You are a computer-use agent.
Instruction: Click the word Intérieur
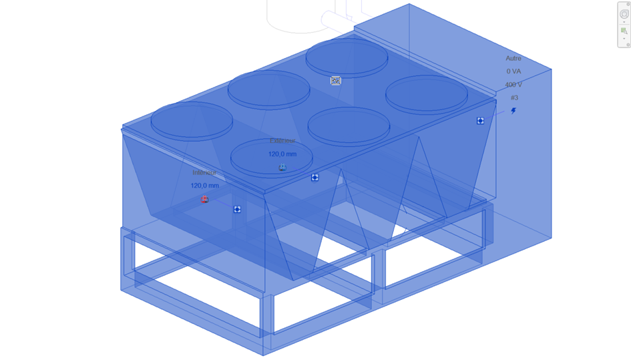click(204, 173)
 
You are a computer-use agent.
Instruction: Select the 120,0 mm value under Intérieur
click(204, 186)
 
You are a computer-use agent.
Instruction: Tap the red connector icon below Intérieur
click(205, 199)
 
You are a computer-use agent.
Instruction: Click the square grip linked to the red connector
click(237, 210)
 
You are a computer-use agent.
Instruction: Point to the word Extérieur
click(282, 141)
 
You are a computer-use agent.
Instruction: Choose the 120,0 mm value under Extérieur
click(282, 154)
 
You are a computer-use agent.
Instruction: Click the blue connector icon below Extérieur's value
click(282, 167)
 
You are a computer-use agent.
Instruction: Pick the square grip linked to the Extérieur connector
click(314, 178)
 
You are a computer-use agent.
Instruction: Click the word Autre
click(513, 59)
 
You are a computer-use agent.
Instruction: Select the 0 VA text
click(513, 71)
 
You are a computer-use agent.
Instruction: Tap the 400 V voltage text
click(513, 85)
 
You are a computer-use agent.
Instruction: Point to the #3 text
click(513, 98)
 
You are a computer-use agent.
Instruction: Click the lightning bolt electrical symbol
click(513, 111)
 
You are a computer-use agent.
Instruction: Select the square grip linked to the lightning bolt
click(480, 121)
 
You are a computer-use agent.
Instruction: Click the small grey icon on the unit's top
click(336, 80)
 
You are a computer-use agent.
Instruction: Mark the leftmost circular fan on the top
click(192, 121)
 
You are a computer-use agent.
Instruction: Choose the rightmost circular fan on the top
click(426, 94)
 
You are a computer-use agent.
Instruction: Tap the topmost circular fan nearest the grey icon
click(347, 57)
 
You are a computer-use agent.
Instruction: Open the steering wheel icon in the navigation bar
click(624, 14)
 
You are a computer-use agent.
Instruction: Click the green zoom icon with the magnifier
click(624, 31)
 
